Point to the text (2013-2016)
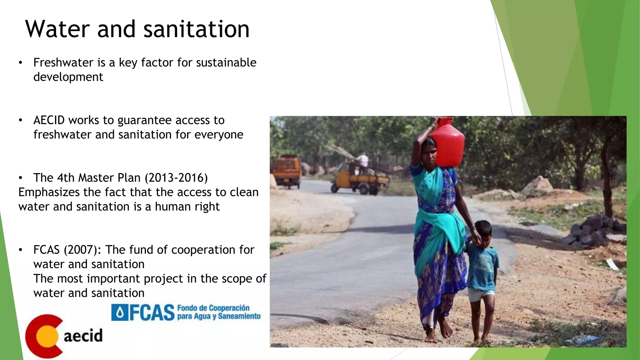click(176, 177)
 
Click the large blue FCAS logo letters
click(152, 313)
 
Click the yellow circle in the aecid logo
click(47, 336)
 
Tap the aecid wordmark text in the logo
click(83, 336)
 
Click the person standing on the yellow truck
click(362, 162)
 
